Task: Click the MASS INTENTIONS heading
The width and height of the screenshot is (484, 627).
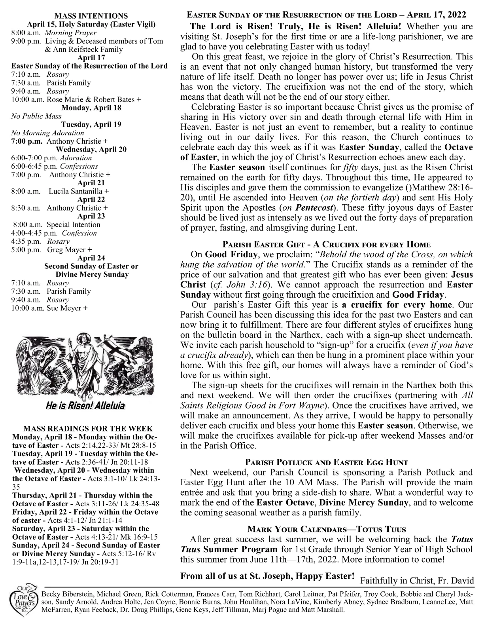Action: click(91, 16)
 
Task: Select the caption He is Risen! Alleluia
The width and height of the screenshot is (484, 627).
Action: click(85, 406)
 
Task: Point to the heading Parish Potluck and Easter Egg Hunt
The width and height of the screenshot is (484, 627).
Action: click(326, 462)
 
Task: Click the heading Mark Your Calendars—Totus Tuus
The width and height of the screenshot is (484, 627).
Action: click(326, 529)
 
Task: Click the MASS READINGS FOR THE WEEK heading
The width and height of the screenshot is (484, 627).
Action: click(88, 429)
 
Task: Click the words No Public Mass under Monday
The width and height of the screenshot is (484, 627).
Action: click(36, 116)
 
